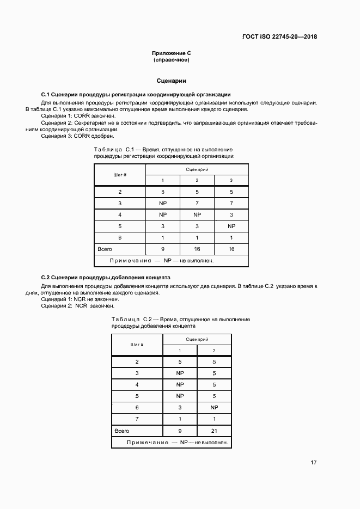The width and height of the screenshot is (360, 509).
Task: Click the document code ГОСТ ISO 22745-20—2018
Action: point(279,37)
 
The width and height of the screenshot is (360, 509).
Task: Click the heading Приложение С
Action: point(172,53)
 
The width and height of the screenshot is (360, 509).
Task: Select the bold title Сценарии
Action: point(172,81)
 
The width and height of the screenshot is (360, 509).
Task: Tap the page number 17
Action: point(314,463)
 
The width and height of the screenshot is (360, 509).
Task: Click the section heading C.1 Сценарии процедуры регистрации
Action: point(136,95)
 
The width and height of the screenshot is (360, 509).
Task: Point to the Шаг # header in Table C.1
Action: point(120,175)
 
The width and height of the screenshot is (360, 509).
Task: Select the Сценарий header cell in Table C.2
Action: point(197,339)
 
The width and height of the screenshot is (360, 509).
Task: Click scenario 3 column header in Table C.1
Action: point(231,180)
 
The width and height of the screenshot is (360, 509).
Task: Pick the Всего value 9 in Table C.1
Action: point(162,249)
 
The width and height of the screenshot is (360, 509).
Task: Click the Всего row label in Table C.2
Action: point(121,431)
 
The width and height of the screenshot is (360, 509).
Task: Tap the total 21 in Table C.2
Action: point(214,431)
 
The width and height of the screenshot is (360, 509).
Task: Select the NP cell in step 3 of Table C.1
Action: point(162,203)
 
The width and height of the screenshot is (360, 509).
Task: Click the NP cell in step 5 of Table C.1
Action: point(231,226)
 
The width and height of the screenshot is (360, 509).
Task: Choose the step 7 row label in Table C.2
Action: point(137,419)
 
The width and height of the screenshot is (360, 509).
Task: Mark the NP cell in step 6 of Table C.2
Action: point(214,407)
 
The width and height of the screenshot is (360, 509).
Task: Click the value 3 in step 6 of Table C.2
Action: point(180,407)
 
